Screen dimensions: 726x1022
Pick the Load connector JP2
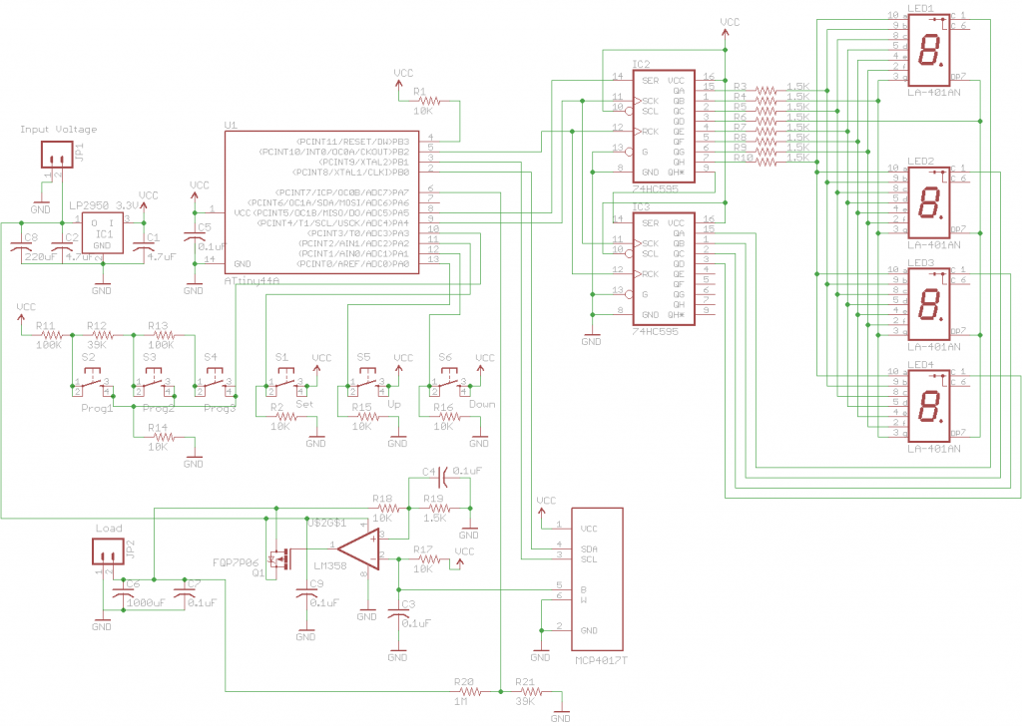pos(109,550)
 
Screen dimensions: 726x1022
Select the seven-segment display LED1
pos(930,51)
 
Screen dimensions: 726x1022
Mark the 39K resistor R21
pos(526,690)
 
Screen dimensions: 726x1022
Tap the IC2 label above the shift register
pos(641,63)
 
